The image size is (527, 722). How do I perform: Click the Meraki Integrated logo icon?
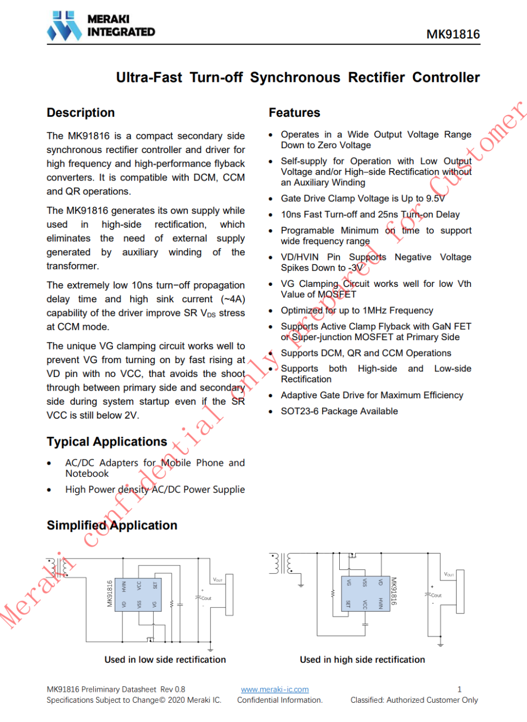(64, 26)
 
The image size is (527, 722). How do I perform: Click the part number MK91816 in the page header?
(453, 35)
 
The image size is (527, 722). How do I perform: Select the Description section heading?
(81, 113)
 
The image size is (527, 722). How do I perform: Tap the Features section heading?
(294, 113)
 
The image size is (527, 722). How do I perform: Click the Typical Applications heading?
(106, 442)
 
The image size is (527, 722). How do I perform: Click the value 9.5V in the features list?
(435, 199)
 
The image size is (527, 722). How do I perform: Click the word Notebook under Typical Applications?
(87, 474)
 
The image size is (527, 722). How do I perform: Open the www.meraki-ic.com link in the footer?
(274, 690)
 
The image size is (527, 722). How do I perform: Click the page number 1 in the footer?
(459, 690)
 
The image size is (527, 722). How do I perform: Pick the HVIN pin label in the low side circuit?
(124, 586)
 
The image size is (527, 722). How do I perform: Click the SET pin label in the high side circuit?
(348, 604)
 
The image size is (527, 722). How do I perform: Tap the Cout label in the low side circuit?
(206, 599)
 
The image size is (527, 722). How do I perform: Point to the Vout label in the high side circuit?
(448, 574)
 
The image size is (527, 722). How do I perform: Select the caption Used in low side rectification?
(165, 660)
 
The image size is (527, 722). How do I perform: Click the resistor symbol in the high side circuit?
(332, 594)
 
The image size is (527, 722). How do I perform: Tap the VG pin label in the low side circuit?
(154, 605)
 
